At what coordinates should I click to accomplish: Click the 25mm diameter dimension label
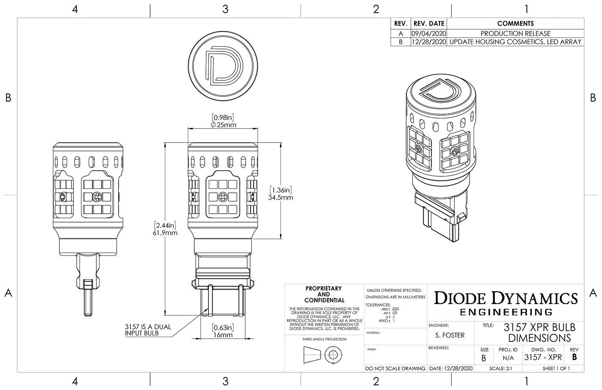223,125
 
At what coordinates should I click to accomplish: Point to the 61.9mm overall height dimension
166,233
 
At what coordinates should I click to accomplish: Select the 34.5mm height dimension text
280,197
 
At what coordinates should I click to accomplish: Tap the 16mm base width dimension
223,335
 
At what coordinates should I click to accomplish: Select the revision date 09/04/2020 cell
429,33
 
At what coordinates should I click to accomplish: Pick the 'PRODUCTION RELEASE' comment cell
515,33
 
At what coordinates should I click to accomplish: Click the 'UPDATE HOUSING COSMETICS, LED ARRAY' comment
515,42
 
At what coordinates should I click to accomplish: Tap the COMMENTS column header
515,24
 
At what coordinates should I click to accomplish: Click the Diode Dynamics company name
506,298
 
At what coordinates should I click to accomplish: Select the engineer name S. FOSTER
449,335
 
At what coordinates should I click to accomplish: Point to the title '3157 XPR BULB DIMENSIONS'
539,332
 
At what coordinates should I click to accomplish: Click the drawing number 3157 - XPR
543,357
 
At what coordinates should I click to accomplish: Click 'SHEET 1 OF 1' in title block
556,368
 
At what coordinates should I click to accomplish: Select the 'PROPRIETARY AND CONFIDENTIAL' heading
324,294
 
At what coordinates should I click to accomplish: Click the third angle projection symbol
323,355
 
